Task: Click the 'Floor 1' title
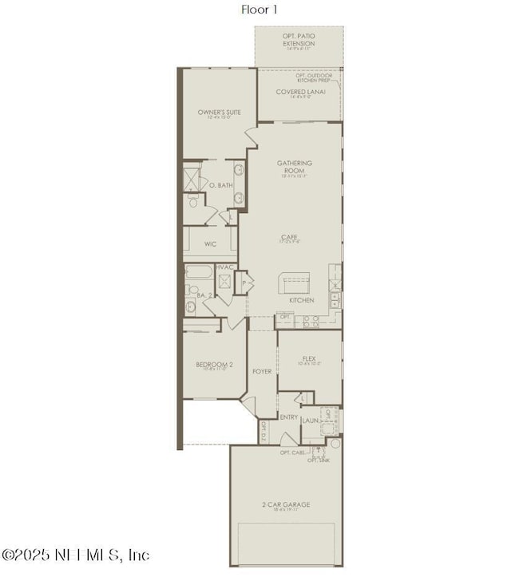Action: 259,10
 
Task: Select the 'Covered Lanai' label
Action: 300,92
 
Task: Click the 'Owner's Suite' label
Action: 220,113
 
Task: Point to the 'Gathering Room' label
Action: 295,167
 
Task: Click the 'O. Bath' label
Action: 221,185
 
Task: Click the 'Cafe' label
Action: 289,238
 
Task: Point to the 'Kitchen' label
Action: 301,301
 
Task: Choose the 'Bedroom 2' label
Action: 214,365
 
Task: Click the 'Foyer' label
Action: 262,371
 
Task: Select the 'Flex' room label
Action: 310,359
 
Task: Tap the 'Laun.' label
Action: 311,420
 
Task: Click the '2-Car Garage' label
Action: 285,504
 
